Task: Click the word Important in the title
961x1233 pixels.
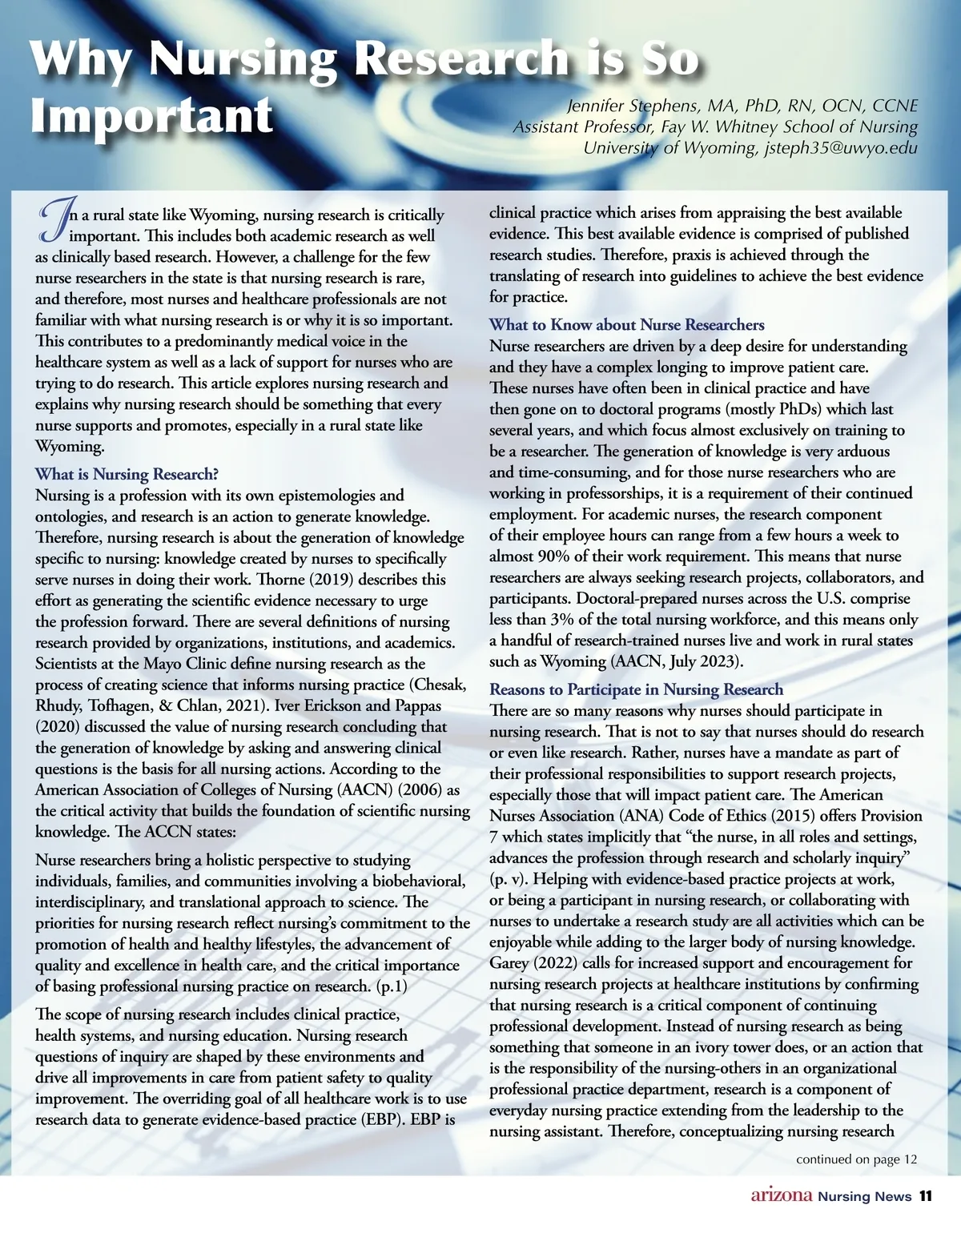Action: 152,115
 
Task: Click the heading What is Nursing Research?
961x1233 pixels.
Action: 127,474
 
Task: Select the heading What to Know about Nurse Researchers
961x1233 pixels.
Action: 626,325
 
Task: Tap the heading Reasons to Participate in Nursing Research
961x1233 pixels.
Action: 636,689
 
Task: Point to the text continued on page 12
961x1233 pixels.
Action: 855,1159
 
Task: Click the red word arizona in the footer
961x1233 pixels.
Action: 781,1196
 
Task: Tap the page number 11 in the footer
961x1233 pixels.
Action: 925,1196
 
